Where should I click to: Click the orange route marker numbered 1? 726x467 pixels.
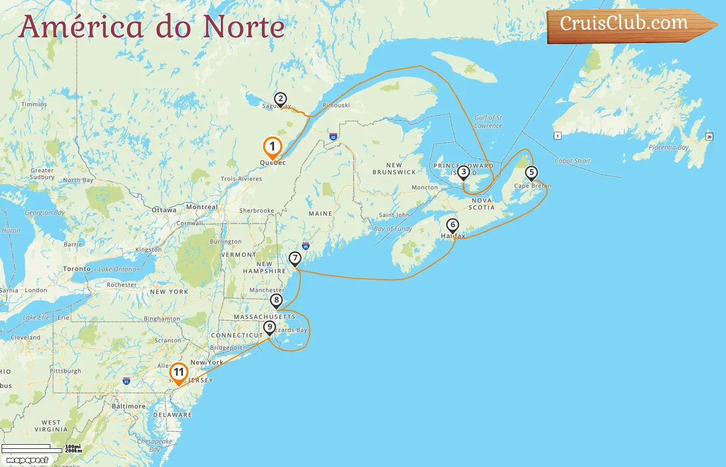point(272,147)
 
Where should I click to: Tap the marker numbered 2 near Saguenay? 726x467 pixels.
point(280,99)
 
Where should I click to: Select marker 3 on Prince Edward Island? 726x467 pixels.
point(463,172)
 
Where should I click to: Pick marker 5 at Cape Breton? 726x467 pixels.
point(531,173)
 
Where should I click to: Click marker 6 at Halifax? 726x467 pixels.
point(453,225)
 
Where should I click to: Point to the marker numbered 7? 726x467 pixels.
point(295,258)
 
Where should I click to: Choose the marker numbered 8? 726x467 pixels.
point(276,300)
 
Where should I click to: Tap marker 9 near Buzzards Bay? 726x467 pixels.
point(269,327)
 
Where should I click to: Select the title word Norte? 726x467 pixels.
point(244,27)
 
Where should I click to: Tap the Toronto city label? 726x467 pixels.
point(77,269)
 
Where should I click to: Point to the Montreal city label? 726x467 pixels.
point(202,207)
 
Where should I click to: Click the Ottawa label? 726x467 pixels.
point(164,210)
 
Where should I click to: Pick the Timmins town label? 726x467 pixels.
point(34,104)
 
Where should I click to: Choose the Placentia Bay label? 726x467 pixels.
point(668,147)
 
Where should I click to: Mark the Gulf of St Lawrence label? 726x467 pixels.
point(488,121)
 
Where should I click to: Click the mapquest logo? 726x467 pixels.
point(27,460)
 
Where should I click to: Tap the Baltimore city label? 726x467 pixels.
point(129,406)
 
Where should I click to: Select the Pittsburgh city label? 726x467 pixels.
point(65,371)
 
